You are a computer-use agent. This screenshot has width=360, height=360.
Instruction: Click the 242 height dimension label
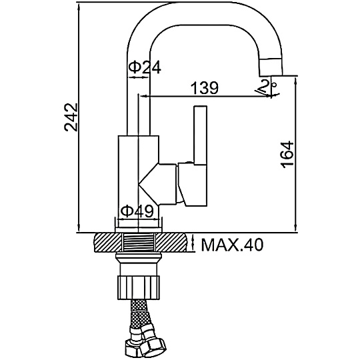coord(71,117)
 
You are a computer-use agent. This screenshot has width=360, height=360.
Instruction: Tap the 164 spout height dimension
coord(287,155)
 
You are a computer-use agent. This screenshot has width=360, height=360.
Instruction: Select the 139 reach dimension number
coord(205,87)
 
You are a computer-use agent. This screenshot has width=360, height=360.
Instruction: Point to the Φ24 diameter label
coord(145,67)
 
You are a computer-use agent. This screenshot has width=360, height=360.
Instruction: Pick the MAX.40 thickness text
coord(232,245)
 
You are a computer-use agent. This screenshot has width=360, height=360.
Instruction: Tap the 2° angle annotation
coord(268,87)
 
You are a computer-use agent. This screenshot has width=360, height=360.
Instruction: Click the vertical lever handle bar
coord(201,135)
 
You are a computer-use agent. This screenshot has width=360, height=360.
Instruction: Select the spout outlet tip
coord(271,67)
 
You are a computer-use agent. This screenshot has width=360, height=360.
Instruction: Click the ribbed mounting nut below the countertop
coord(139,288)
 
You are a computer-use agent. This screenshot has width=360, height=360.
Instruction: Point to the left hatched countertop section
coord(108,243)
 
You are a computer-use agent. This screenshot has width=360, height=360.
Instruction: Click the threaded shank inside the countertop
coord(139,243)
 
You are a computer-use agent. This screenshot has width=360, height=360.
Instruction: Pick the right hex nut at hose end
coord(155,349)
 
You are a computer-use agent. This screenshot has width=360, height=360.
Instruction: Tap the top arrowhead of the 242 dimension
coord(79,7)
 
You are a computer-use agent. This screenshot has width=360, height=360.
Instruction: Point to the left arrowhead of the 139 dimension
coord(144,97)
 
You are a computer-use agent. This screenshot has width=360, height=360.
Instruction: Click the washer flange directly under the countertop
coord(139,255)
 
